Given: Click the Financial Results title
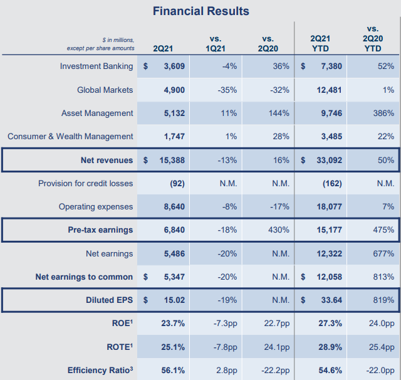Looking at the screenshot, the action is pos(200,11).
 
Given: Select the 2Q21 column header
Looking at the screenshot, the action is pos(163,49).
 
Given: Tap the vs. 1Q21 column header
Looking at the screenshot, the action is pos(216,44).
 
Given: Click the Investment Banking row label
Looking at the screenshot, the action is pos(96,66).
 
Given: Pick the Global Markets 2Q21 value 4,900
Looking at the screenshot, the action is pos(174,90).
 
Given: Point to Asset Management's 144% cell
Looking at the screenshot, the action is pos(279,113).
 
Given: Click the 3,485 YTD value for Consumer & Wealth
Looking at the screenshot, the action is pos(331,137).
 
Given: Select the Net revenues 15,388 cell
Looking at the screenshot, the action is pos(172,160).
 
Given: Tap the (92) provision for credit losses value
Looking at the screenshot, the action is pos(177,184).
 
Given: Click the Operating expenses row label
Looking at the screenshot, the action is pos(96,206).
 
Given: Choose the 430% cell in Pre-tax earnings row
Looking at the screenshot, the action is pos(279,230).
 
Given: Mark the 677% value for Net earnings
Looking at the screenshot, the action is pos(383,253).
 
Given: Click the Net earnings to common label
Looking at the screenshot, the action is pos(84,277).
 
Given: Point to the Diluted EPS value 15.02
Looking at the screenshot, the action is pos(174,300).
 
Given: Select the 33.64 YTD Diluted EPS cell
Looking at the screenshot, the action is pos(331,300).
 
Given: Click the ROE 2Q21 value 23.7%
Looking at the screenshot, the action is pos(173,323).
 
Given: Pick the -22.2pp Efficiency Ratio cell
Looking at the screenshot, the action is pos(276,370).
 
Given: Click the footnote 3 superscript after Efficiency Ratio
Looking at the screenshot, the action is pos(131,368).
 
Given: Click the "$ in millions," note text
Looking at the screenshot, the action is pos(118,40).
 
